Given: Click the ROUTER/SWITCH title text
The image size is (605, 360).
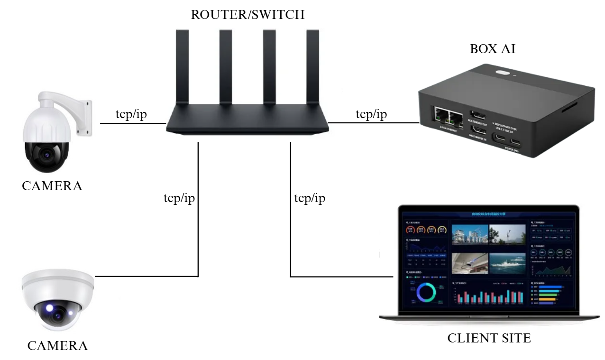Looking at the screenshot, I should coord(247,14).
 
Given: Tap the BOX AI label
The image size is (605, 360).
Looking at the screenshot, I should coord(492,49).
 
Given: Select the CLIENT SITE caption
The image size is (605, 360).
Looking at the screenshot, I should coord(489,338).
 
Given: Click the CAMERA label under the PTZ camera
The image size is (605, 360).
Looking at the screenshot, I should coord(52,186).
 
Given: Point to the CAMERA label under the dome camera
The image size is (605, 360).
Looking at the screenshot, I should coord(57,346).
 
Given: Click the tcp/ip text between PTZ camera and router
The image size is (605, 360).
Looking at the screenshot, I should coord(131,114).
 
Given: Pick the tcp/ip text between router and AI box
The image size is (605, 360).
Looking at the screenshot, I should coord(371,114).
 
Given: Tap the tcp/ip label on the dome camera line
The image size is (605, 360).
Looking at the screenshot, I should coord(179,198).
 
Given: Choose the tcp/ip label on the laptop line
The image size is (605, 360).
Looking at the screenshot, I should coord(310,198).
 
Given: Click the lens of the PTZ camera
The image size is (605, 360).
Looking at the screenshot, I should coord(46,154).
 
